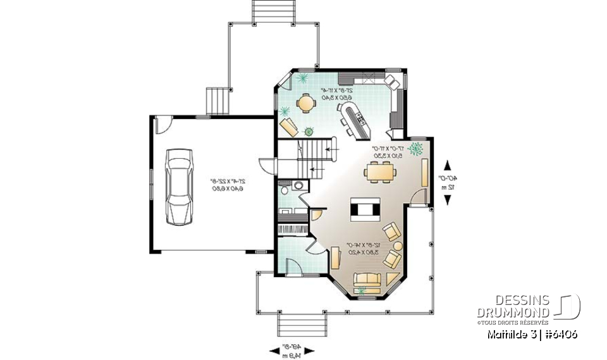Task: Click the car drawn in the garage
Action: (x=180, y=187)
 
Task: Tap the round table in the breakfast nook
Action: (x=306, y=102)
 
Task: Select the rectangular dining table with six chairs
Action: (x=379, y=171)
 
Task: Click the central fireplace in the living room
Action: (x=366, y=209)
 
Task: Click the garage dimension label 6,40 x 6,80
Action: (x=228, y=188)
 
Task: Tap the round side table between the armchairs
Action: (x=398, y=246)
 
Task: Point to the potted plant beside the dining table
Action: (x=416, y=149)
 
